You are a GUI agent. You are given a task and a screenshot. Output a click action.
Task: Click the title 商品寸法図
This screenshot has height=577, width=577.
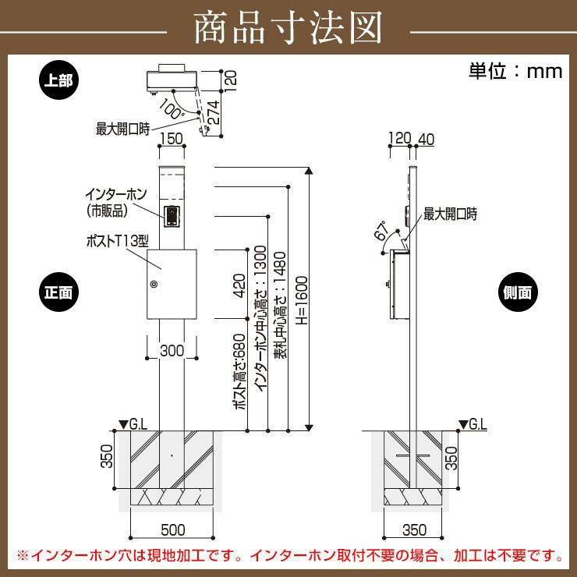[288, 29]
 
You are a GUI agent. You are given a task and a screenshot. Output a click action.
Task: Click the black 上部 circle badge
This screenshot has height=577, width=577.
[58, 81]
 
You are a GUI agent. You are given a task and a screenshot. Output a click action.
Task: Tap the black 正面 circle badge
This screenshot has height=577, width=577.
[58, 293]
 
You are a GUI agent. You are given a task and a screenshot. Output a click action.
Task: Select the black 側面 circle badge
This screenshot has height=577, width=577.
[516, 293]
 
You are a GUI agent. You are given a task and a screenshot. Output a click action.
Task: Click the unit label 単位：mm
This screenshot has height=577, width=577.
[515, 71]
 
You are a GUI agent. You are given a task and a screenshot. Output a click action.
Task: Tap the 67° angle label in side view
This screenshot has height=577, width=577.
[381, 233]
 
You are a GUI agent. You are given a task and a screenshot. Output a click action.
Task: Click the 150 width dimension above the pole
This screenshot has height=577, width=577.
[171, 139]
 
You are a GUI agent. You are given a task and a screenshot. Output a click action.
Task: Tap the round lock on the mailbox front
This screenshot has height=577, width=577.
[154, 285]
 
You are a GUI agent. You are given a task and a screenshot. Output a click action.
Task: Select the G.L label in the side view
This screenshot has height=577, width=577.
[477, 424]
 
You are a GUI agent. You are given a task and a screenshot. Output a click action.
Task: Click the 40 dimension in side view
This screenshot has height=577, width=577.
[426, 139]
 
